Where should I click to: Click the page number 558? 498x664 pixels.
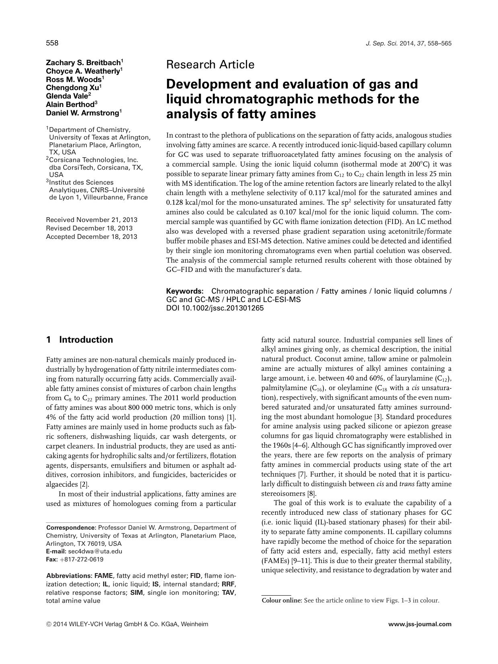[52, 43]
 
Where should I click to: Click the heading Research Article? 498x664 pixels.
[210, 64]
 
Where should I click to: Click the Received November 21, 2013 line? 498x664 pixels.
[92, 220]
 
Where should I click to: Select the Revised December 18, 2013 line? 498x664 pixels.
[89, 228]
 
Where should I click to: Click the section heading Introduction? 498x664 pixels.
[86, 340]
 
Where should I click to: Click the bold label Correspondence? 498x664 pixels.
[71, 528]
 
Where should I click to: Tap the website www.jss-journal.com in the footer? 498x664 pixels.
[420, 625]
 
